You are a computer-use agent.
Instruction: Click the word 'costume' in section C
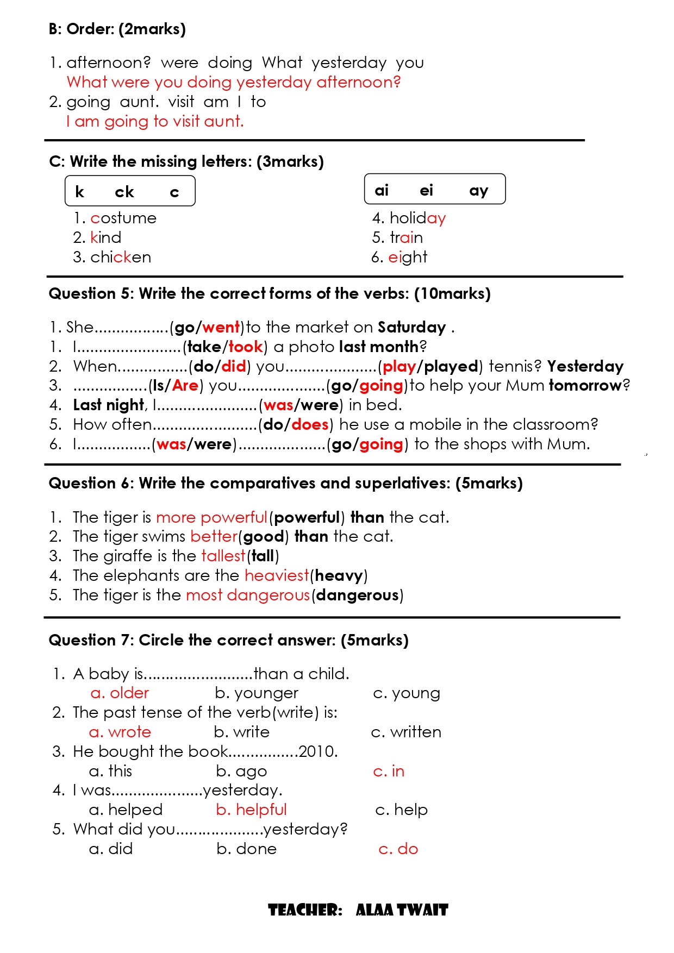(123, 218)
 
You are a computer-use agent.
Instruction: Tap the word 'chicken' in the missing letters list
(121, 258)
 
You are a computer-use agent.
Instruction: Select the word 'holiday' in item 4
(417, 218)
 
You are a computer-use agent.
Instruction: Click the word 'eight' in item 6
(408, 258)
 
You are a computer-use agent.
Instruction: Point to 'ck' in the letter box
(124, 192)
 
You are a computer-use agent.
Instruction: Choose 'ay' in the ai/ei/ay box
(478, 190)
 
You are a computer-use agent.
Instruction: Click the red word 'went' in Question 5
(221, 328)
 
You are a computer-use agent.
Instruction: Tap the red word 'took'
(246, 347)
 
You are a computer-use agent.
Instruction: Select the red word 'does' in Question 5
(310, 425)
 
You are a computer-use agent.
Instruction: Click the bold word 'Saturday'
(411, 328)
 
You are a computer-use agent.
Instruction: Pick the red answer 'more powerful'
(211, 518)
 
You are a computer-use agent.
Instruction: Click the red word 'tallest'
(223, 556)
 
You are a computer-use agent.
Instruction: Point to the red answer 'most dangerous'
(248, 595)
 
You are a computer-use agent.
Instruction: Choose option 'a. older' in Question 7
(120, 693)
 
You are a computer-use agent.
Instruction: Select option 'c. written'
(406, 732)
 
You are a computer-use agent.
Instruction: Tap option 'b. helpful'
(251, 810)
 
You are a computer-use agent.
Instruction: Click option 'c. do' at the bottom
(398, 849)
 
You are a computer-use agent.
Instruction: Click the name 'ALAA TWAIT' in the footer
(402, 910)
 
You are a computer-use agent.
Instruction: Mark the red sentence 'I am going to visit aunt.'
(155, 121)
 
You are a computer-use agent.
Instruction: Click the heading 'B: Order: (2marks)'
(117, 29)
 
